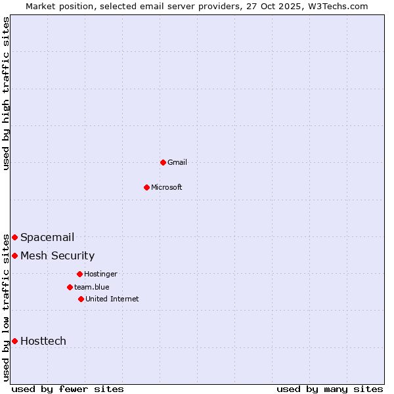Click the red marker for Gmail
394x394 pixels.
(x=163, y=162)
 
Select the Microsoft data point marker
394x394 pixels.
(x=146, y=187)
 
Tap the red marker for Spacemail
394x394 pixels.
(x=14, y=237)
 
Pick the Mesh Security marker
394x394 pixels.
(x=14, y=255)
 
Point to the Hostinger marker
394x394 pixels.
(x=79, y=274)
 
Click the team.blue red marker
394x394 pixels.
(x=70, y=287)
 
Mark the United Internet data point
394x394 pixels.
(x=81, y=299)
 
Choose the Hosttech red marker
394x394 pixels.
(x=14, y=341)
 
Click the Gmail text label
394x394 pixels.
(x=177, y=162)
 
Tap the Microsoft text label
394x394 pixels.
(x=167, y=187)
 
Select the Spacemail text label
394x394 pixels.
(x=47, y=238)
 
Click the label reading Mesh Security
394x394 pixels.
(x=58, y=256)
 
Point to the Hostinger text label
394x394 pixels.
(x=100, y=274)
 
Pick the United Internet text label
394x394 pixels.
(x=112, y=299)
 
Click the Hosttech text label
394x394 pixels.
(x=43, y=341)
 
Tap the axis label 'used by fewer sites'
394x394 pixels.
(x=68, y=389)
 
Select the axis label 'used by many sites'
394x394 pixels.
(x=330, y=389)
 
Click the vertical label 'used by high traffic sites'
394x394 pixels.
(x=6, y=93)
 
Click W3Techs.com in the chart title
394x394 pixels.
(x=336, y=6)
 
